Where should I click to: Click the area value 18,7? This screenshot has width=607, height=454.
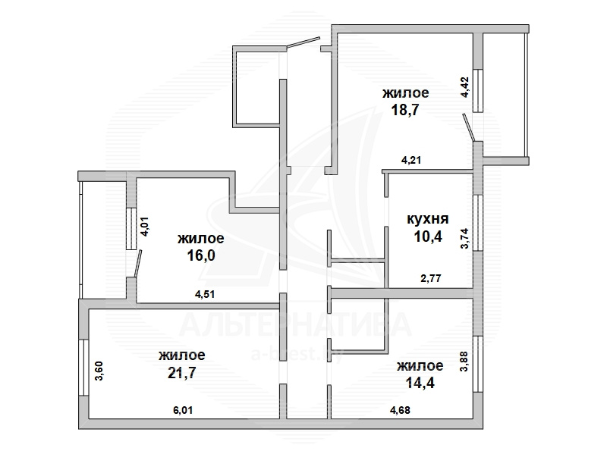pyautogui.click(x=406, y=110)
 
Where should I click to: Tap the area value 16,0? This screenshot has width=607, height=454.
pyautogui.click(x=201, y=255)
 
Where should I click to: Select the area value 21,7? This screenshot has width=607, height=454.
pyautogui.click(x=182, y=373)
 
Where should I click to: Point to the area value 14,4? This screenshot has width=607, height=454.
pyautogui.click(x=420, y=383)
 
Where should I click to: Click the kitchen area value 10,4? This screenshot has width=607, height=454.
pyautogui.click(x=428, y=236)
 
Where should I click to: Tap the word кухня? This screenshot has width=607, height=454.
pyautogui.click(x=428, y=219)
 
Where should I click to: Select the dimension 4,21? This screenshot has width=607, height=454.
pyautogui.click(x=410, y=160)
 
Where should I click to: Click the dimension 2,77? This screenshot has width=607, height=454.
pyautogui.click(x=431, y=277)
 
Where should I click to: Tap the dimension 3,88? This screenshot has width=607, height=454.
pyautogui.click(x=465, y=362)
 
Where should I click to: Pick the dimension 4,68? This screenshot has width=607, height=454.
pyautogui.click(x=400, y=409)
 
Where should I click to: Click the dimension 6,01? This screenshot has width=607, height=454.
pyautogui.click(x=183, y=409)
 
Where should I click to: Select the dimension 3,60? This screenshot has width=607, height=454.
pyautogui.click(x=99, y=371)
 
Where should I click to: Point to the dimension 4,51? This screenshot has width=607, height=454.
pyautogui.click(x=205, y=294)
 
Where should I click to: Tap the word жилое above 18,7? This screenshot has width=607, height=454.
pyautogui.click(x=406, y=93)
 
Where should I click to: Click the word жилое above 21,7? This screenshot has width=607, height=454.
pyautogui.click(x=182, y=355)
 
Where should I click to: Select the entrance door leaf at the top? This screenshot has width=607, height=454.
pyautogui.click(x=303, y=42)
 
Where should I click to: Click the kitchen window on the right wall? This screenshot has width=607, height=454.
pyautogui.click(x=478, y=224)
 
